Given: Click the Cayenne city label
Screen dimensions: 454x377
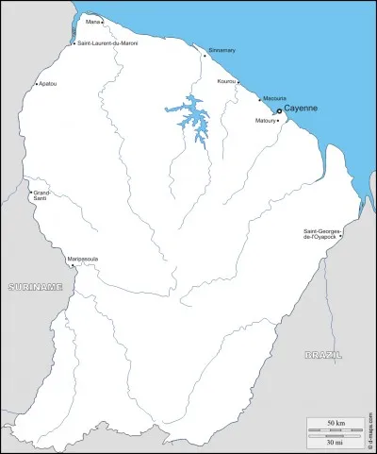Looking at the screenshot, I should [x=301, y=108].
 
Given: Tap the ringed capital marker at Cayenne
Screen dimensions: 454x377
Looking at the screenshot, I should [x=279, y=111].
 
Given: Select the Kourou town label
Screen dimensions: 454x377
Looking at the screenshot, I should [x=225, y=81].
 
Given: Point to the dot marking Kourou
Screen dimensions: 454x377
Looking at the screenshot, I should [x=238, y=82].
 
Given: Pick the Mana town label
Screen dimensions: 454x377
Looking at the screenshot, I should [x=91, y=20].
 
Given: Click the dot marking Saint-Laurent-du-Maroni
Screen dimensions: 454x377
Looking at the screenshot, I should [x=74, y=43].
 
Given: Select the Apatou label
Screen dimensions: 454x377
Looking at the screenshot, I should [x=47, y=84].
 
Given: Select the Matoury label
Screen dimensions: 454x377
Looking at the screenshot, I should [x=265, y=121].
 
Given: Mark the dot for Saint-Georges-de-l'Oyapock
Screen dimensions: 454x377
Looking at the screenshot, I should [x=340, y=236].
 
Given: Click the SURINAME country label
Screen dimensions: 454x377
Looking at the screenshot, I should [x=35, y=285].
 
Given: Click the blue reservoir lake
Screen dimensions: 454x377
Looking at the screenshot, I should [x=193, y=118].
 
